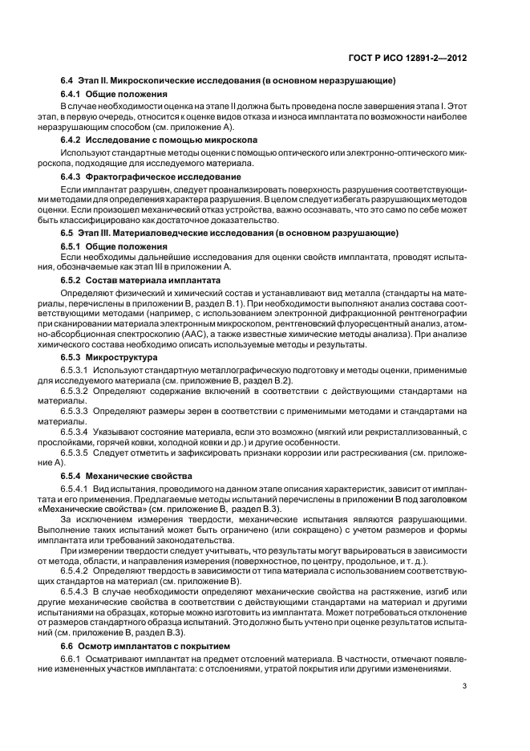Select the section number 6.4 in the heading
click(x=67, y=83)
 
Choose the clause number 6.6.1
click(x=71, y=659)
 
